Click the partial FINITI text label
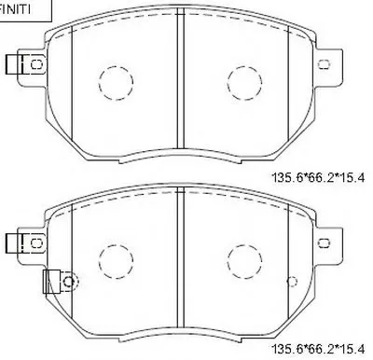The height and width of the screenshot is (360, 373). (x=15, y=9)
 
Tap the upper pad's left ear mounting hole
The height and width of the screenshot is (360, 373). (x=37, y=64)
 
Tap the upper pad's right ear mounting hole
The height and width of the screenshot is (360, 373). (x=325, y=64)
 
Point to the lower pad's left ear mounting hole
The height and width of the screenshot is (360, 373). (x=37, y=242)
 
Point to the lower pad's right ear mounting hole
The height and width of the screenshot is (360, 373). (x=325, y=242)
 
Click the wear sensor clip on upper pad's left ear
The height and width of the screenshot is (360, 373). (x=15, y=64)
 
